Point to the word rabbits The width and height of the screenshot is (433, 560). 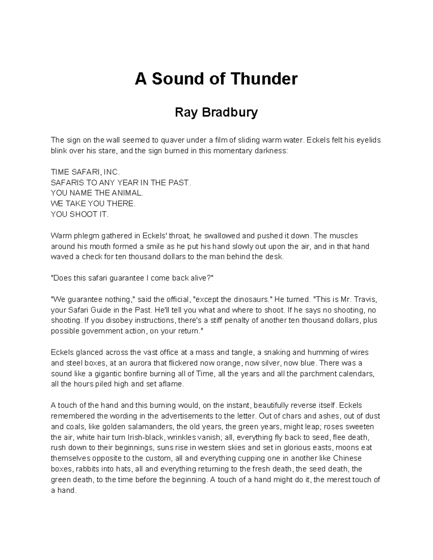[82, 469]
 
